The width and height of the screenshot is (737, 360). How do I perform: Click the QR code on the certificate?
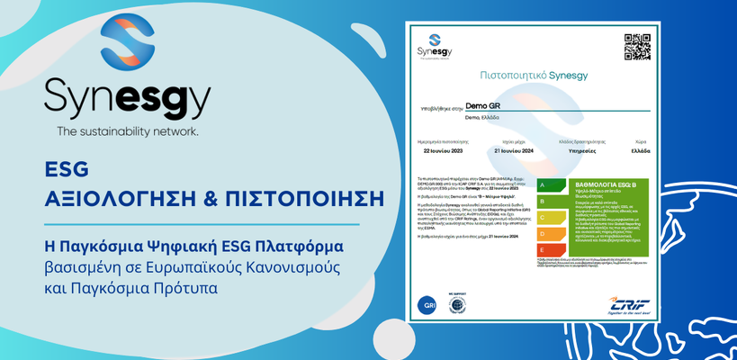(x=636, y=46)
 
